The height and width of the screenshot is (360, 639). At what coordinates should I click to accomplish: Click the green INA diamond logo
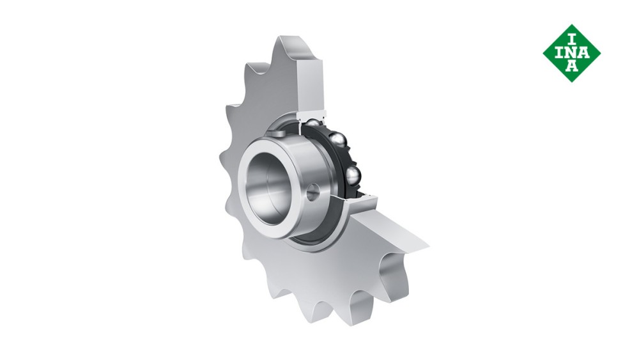click(x=571, y=53)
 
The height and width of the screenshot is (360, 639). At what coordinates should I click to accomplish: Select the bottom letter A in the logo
click(x=572, y=67)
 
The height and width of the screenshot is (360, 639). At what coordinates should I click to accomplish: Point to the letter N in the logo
click(x=572, y=52)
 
